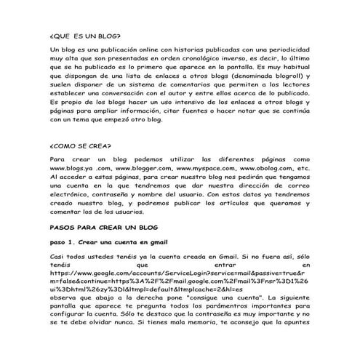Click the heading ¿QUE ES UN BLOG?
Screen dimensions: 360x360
coord(85,34)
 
